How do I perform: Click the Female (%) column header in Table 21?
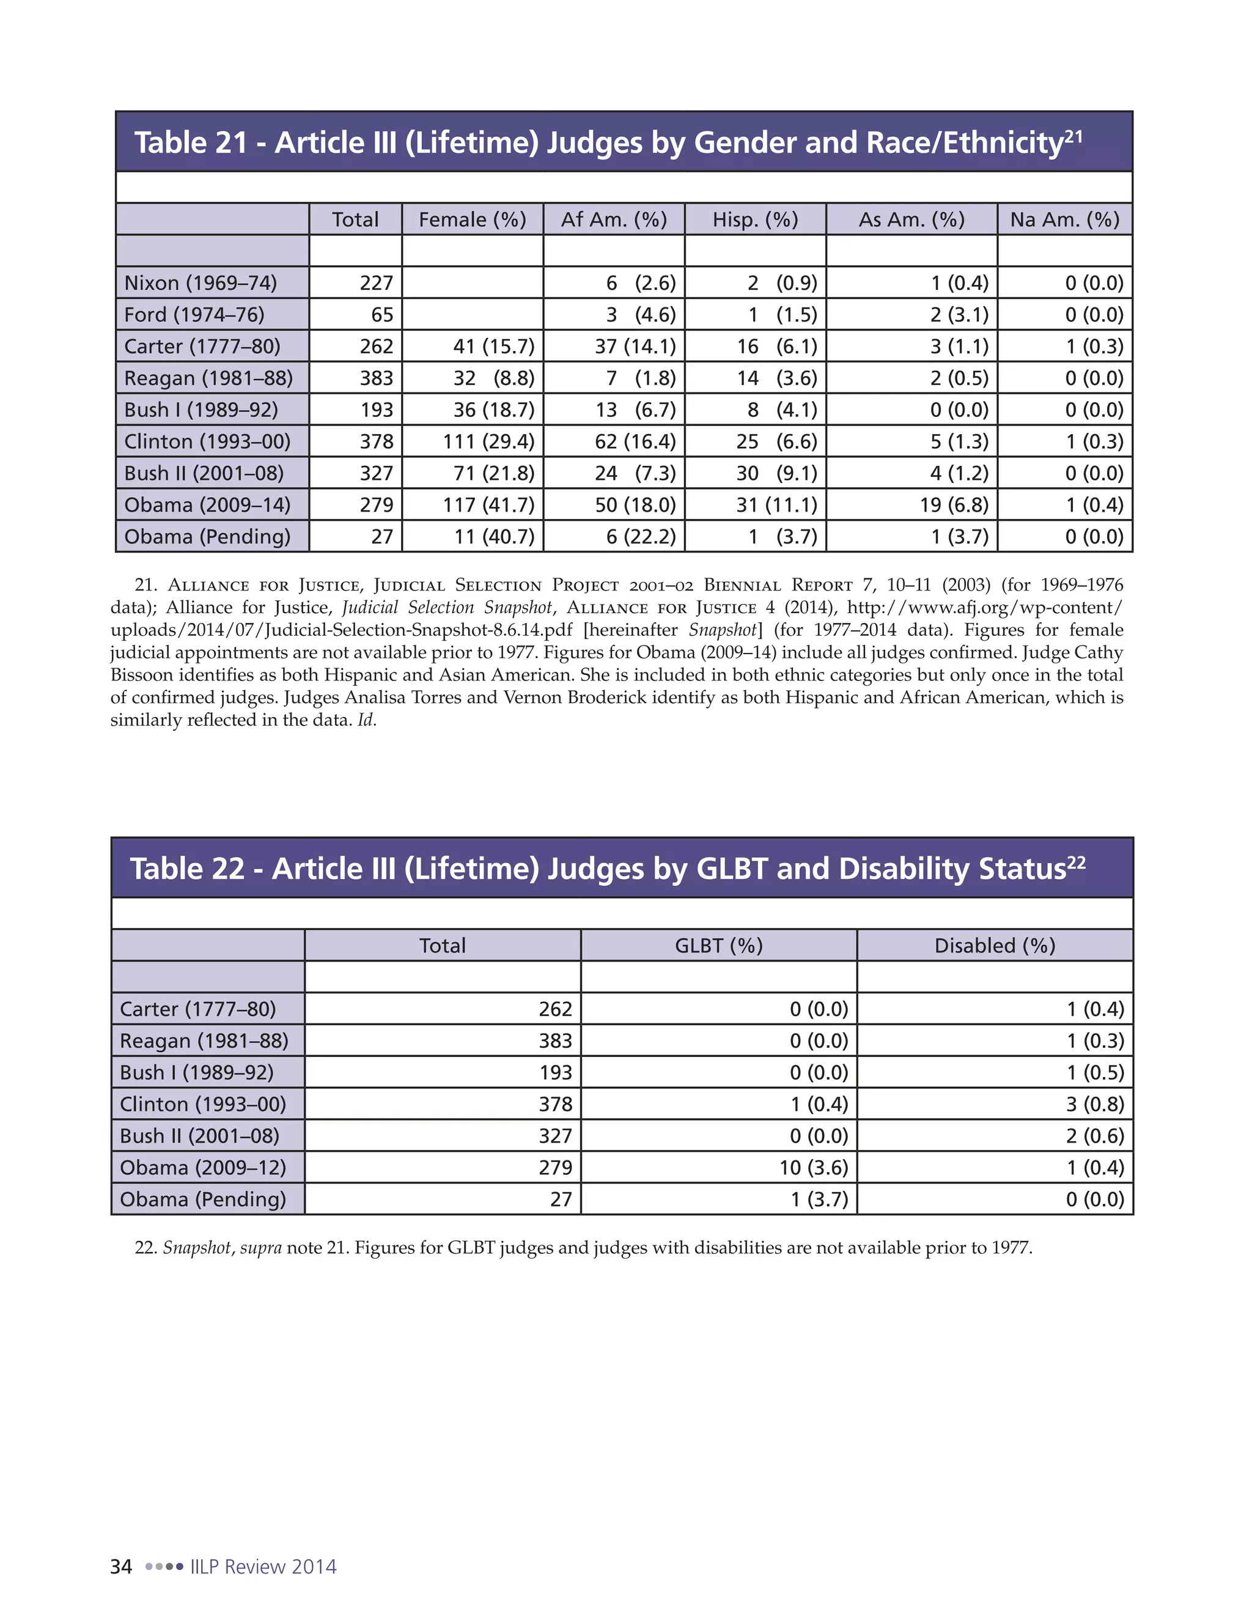[x=472, y=219]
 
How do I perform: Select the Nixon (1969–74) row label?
[x=201, y=282]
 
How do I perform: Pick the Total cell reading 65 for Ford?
[x=382, y=314]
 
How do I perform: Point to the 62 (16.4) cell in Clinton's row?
[x=635, y=441]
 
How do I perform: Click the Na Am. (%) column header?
[x=1064, y=219]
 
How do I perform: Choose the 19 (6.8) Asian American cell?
[x=953, y=504]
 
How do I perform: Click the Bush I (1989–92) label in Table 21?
[x=201, y=410]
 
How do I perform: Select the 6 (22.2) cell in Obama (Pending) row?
[x=641, y=536]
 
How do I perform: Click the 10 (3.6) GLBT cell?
[x=813, y=1168]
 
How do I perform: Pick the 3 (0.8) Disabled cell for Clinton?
[x=1095, y=1103]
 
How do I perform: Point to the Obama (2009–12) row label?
[x=202, y=1168]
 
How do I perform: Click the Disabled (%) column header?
[x=994, y=946]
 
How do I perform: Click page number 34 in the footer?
[x=121, y=1567]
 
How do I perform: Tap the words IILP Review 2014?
[x=263, y=1567]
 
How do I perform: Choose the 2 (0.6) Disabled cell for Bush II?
[x=1095, y=1136]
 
